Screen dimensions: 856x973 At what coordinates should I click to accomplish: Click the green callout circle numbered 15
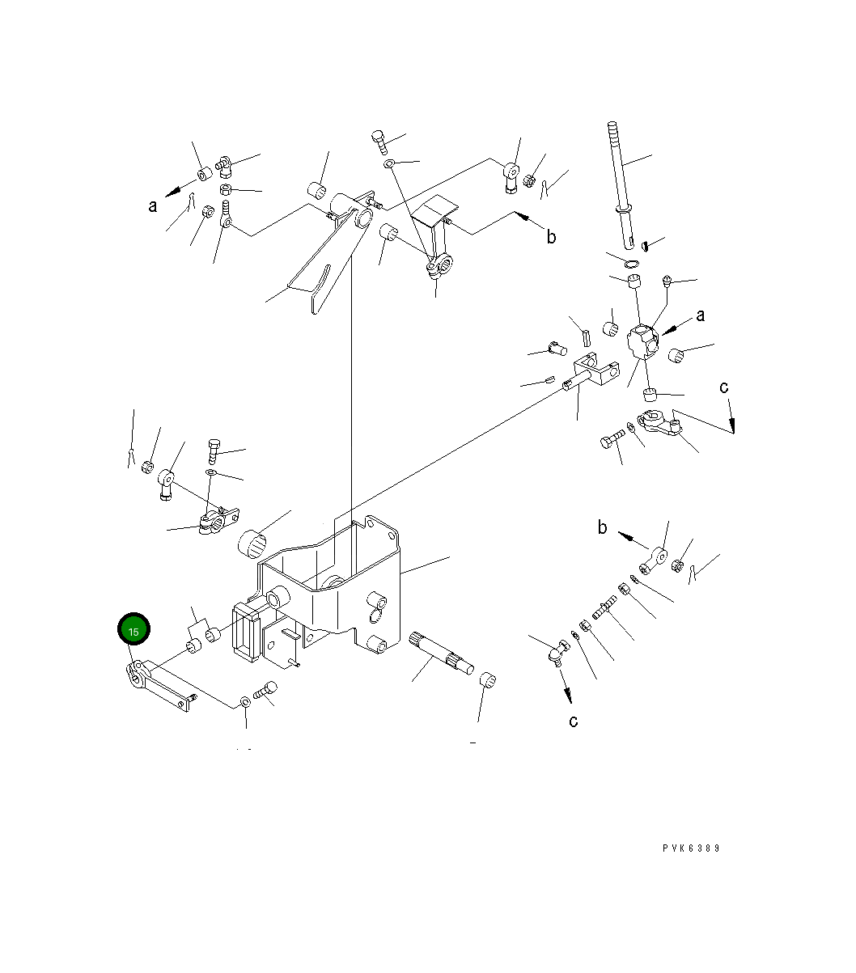(133, 628)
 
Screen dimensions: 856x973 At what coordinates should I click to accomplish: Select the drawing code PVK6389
(691, 848)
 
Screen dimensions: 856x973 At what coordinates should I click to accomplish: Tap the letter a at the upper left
(153, 206)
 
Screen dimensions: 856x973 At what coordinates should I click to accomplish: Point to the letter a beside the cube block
(701, 315)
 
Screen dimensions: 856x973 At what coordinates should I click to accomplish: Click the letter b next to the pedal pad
(552, 236)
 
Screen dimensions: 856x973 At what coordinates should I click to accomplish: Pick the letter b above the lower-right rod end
(603, 527)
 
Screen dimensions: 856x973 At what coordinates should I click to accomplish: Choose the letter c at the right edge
(724, 387)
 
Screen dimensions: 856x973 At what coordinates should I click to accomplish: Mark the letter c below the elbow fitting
(574, 721)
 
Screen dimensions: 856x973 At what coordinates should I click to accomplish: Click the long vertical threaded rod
(621, 185)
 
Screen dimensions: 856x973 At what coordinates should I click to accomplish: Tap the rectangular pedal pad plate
(434, 207)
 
